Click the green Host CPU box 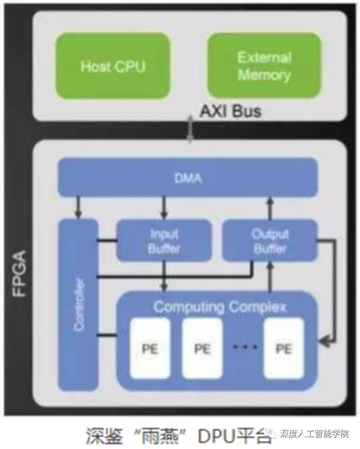[113, 66]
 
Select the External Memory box [264, 66]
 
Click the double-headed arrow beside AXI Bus [190, 129]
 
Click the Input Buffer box [164, 241]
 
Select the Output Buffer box [270, 241]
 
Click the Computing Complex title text [220, 307]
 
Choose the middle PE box [201, 348]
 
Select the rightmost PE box [284, 348]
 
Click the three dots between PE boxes [245, 347]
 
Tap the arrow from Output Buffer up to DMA [270, 208]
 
